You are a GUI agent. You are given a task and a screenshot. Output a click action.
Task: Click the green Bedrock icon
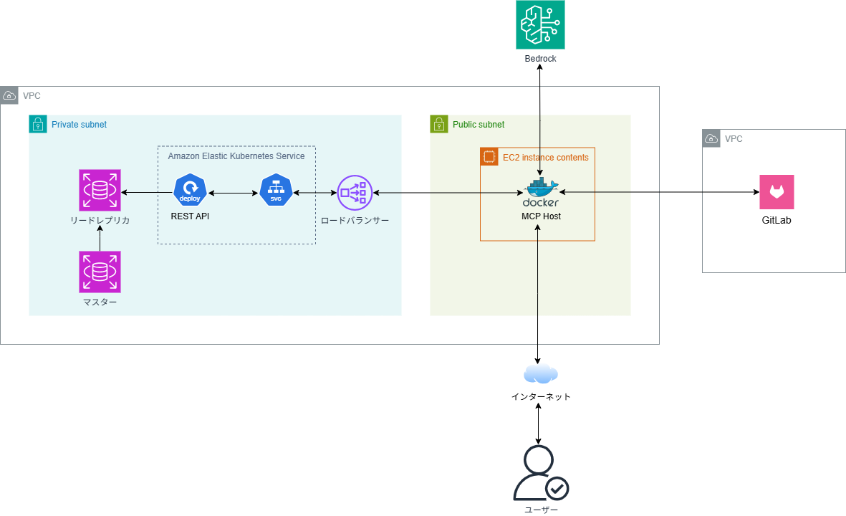tap(540, 25)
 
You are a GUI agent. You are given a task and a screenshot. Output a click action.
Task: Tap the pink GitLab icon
tap(777, 191)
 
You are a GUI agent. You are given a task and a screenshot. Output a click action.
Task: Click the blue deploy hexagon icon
tap(190, 190)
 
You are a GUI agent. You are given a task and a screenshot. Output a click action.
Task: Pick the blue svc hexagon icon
tap(276, 190)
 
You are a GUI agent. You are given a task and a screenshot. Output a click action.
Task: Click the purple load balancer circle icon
tap(355, 193)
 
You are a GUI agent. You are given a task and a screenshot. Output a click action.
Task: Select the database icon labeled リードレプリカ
tap(100, 190)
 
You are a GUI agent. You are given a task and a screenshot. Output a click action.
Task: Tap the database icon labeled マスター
tap(100, 272)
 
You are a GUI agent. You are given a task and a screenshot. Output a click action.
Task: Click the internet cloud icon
tap(540, 373)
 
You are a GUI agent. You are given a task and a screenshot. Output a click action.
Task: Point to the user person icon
tap(540, 474)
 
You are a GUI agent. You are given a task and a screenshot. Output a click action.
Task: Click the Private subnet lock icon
tap(38, 124)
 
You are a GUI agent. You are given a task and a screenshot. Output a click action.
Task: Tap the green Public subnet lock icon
tap(438, 124)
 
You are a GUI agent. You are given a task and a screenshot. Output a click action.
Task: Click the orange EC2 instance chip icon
tap(489, 156)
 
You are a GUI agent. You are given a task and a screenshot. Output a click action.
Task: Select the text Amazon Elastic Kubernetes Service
tap(236, 156)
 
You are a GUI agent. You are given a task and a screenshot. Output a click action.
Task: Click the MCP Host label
tap(541, 216)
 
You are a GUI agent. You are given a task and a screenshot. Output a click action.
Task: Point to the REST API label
tap(190, 216)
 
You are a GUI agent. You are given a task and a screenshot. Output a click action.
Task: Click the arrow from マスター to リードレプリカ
tap(100, 238)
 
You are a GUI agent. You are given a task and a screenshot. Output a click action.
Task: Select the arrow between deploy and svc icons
tap(233, 193)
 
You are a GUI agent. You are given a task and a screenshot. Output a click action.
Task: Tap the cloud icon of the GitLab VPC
tap(711, 138)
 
